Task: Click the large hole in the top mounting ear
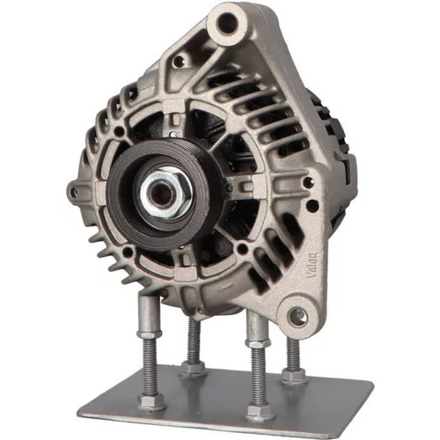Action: [227, 22]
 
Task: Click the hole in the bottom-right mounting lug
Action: [298, 317]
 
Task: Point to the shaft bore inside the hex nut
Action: [161, 195]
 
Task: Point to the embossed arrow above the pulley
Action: [147, 87]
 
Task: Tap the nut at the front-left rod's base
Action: [151, 402]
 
